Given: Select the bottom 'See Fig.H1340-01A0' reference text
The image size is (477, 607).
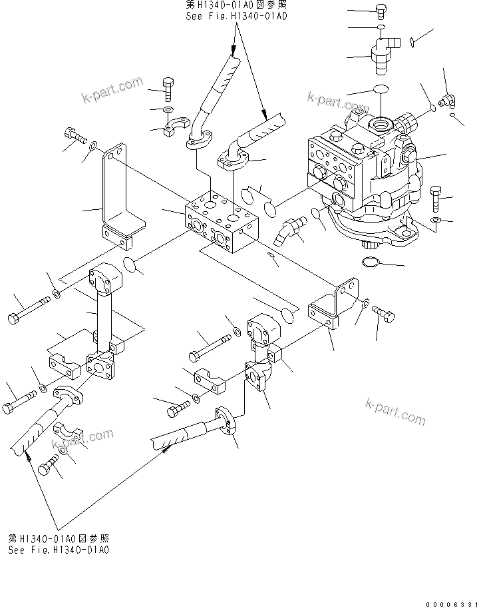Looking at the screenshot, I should (x=59, y=550).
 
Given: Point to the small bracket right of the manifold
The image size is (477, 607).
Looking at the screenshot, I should (x=331, y=308).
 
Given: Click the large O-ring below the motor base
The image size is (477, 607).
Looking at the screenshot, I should (x=375, y=266).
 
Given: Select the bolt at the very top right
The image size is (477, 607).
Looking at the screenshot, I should (x=382, y=11).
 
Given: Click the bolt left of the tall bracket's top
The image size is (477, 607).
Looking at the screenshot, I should (x=74, y=135).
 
